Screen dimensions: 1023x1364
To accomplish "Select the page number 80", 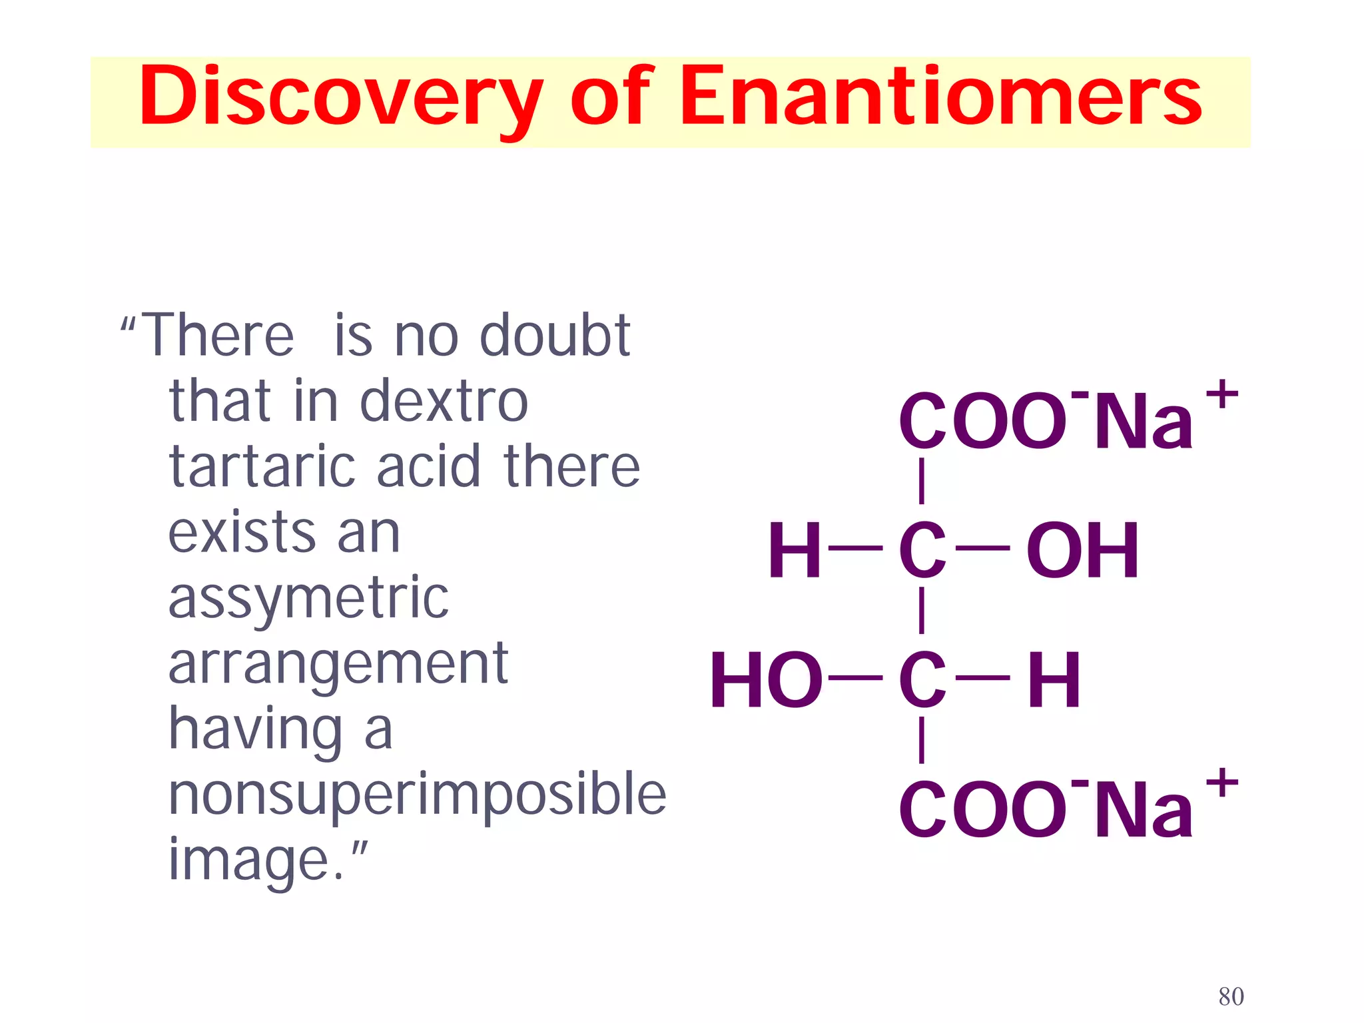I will tap(1231, 996).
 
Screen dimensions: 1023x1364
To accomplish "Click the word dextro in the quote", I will tap(444, 401).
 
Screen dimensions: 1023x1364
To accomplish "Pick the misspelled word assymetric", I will tap(308, 598).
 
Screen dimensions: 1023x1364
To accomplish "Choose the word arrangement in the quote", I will tap(338, 664).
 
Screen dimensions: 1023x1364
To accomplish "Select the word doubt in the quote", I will tap(555, 336).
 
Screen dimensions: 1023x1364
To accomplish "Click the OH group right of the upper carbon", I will tap(1082, 551).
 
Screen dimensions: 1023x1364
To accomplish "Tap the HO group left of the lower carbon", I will tap(766, 680).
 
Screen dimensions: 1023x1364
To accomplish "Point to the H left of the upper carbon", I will tap(794, 551).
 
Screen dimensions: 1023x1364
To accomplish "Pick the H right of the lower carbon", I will tap(1054, 680).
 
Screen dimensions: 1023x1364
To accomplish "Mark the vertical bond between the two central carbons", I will tap(921, 611).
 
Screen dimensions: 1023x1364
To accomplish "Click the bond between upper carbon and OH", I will tap(982, 548).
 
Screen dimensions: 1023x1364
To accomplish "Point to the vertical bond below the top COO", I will tap(921, 481).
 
